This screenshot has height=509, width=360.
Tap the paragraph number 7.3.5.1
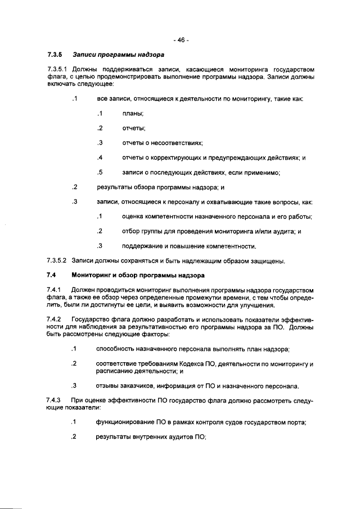click(x=57, y=69)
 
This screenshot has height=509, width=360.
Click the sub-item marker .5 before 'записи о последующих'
click(x=99, y=172)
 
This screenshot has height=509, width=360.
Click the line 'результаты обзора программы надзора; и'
click(x=161, y=187)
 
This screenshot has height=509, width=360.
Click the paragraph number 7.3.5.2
click(x=57, y=260)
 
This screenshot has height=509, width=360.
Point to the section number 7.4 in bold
click(x=52, y=275)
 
